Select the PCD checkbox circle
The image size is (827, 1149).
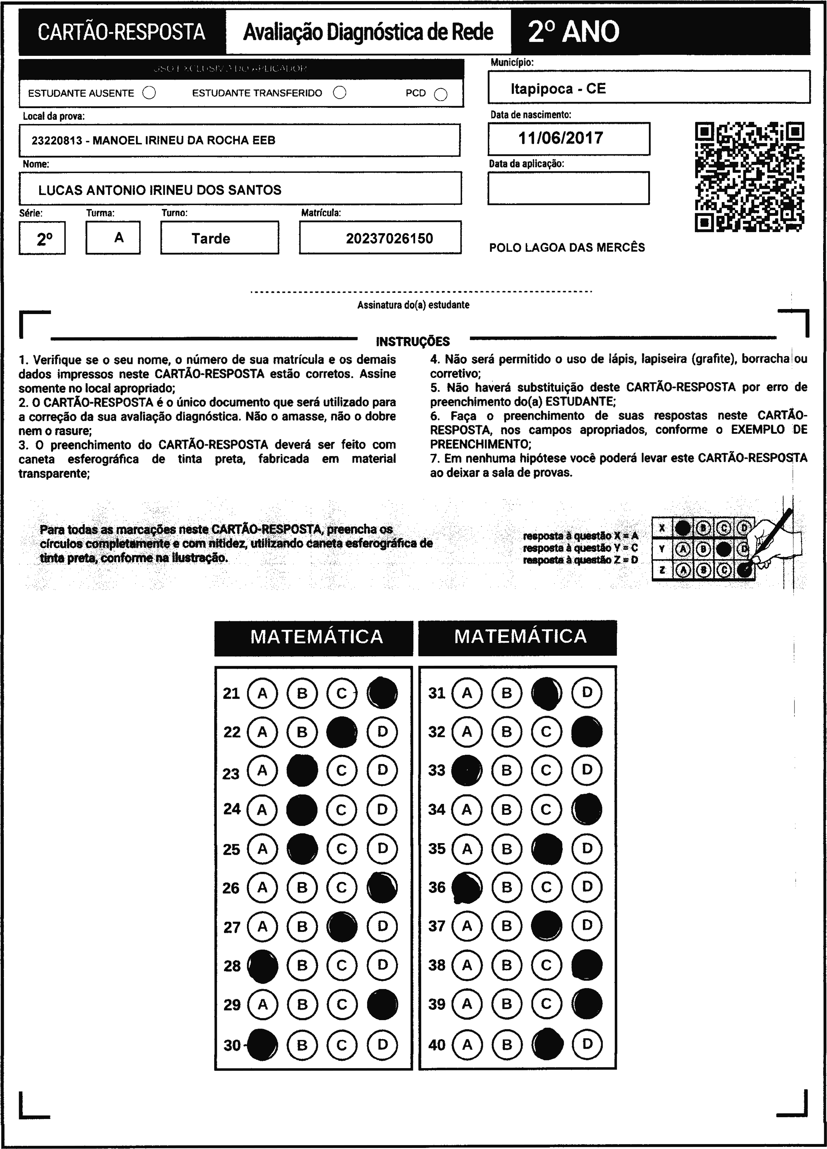click(x=441, y=95)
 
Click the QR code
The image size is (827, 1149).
click(x=749, y=177)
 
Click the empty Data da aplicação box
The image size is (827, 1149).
click(x=568, y=188)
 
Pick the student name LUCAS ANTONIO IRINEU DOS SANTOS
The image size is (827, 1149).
click(x=160, y=190)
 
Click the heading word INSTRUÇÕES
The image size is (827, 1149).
click(x=413, y=342)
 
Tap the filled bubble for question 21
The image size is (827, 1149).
click(x=382, y=693)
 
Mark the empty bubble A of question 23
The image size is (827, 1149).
click(x=262, y=771)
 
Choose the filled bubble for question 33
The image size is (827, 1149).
click(x=467, y=771)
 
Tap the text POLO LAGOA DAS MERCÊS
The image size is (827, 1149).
click(x=567, y=248)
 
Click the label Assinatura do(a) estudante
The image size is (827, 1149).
click(x=413, y=305)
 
